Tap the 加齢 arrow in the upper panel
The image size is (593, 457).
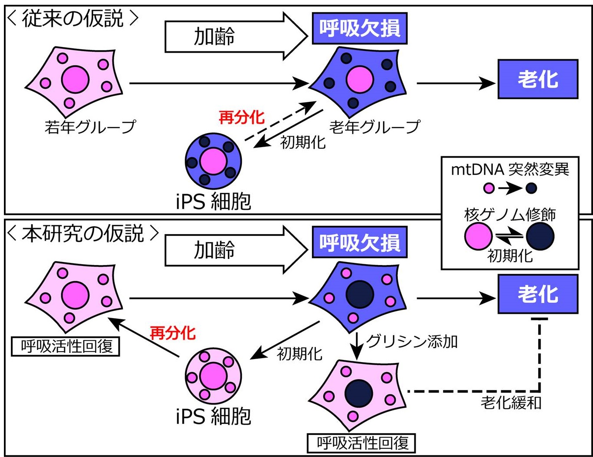point(235,36)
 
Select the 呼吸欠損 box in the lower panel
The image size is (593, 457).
point(359,242)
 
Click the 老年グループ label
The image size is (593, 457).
point(375,127)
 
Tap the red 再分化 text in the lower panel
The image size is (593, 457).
point(173,333)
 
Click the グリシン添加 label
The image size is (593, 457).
point(412,341)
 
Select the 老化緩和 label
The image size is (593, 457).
point(511,402)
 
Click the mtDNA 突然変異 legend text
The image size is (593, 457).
point(510,169)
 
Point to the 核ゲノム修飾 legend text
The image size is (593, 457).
point(510,214)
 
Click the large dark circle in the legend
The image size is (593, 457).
point(540,237)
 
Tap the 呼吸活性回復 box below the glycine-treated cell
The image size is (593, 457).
point(361,443)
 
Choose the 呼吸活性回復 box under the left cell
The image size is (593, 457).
point(65,347)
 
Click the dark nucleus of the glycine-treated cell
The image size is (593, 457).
point(359,393)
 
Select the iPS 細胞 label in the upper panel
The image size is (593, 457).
point(213,201)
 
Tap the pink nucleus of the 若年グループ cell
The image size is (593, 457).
point(75,80)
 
